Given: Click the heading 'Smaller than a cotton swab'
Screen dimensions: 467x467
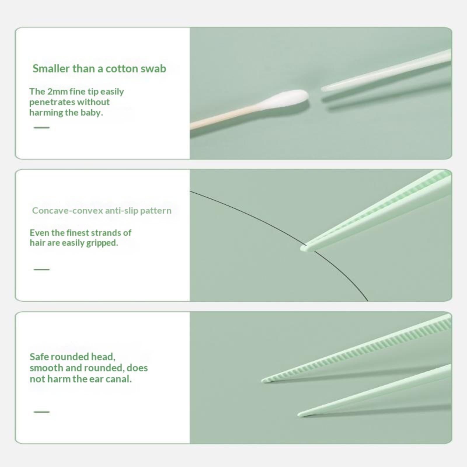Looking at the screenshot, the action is point(99,69).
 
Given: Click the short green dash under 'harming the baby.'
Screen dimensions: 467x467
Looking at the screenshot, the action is point(41,128).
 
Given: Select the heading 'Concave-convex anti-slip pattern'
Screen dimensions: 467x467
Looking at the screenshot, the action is point(102,210).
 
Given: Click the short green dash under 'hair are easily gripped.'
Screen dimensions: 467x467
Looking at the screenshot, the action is point(41,269).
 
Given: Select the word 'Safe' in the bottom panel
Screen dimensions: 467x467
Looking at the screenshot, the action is point(39,357).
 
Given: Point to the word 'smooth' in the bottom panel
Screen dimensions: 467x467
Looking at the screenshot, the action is point(47,368).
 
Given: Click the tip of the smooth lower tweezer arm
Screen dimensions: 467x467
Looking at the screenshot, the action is point(299,414).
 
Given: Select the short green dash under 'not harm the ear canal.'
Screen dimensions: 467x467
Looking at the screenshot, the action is point(41,412).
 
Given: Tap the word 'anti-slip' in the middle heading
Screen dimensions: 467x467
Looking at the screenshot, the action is point(122,210).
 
